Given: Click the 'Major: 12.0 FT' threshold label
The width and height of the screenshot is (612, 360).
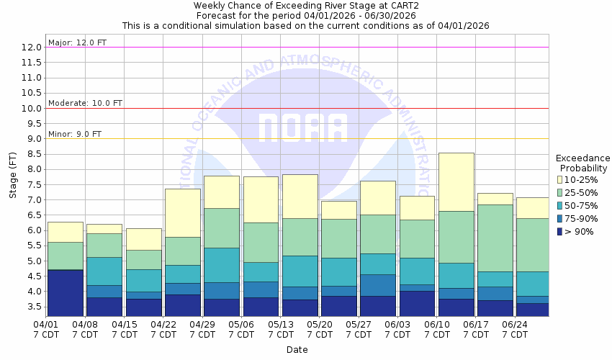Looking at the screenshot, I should pyautogui.click(x=77, y=42).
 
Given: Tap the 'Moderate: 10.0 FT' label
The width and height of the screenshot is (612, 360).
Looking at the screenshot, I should pyautogui.click(x=85, y=103).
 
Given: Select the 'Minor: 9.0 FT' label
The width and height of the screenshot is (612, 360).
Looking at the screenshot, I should pyautogui.click(x=75, y=134).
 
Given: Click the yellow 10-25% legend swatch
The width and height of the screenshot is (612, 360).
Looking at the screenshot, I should pyautogui.click(x=561, y=179).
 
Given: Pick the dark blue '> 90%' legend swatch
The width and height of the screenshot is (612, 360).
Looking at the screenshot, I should pyautogui.click(x=561, y=231).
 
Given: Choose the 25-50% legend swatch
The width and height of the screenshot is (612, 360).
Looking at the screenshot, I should pyautogui.click(x=561, y=192).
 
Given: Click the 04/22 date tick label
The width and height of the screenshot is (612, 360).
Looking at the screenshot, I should pyautogui.click(x=163, y=324).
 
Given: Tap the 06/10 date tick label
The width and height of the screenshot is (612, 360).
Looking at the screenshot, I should pyautogui.click(x=436, y=324).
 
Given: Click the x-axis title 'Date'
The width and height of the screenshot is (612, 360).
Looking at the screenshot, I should pyautogui.click(x=297, y=350).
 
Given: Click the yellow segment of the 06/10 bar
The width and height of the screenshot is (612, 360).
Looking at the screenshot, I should pyautogui.click(x=456, y=181).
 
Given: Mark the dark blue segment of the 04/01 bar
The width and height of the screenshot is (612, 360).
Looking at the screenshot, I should pyautogui.click(x=66, y=292).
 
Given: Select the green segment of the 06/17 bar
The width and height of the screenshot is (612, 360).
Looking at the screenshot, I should pyautogui.click(x=495, y=238).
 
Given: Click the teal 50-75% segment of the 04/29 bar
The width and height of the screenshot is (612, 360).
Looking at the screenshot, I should pyautogui.click(x=222, y=265).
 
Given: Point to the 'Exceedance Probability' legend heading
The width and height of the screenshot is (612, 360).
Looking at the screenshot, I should pyautogui.click(x=582, y=163).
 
